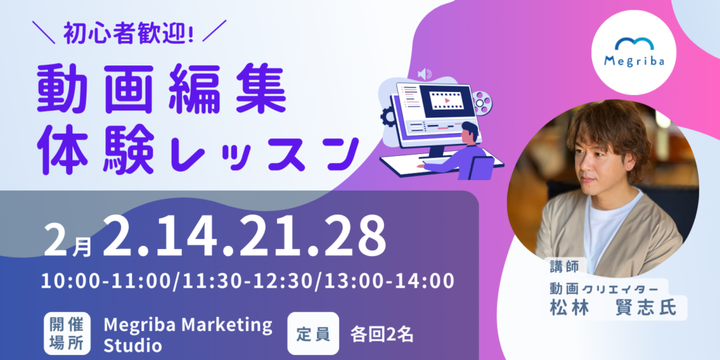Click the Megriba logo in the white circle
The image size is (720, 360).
[x=634, y=52]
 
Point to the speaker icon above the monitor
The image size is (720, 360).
[x=425, y=73]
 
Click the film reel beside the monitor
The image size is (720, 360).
[x=482, y=101]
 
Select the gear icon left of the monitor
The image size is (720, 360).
[x=387, y=117]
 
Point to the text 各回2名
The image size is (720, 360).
[x=382, y=335]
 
